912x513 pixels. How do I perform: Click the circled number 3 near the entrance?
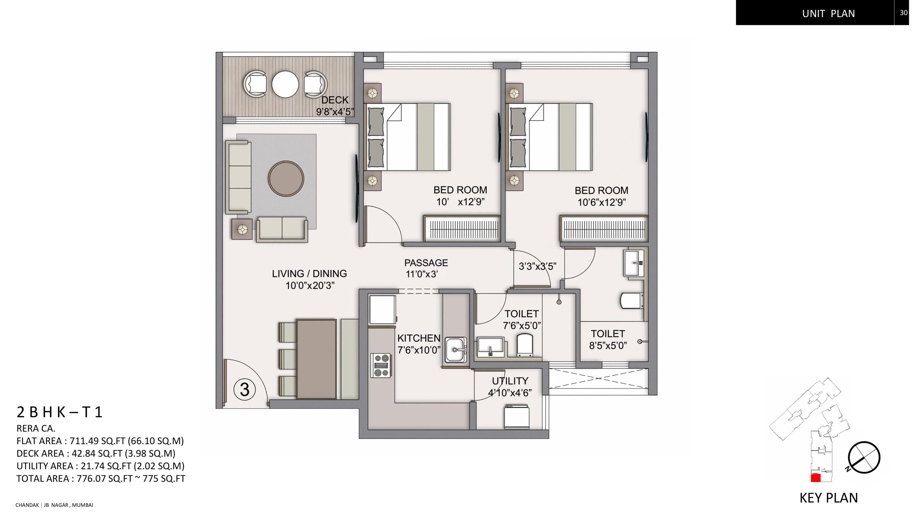(x=244, y=389)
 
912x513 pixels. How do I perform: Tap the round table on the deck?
(x=285, y=84)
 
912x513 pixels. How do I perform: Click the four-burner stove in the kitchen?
(x=381, y=365)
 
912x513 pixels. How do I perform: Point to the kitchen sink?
(x=456, y=350)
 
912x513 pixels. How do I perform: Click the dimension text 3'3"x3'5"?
(x=537, y=266)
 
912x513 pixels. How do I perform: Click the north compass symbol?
(x=864, y=457)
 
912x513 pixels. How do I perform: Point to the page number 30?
(x=903, y=13)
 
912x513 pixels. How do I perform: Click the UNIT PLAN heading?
(x=828, y=14)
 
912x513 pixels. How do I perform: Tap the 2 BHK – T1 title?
(x=59, y=412)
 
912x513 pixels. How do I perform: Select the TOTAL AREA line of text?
(x=100, y=478)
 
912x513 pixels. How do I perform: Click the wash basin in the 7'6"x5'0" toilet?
(x=490, y=347)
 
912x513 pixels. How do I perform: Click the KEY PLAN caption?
(x=828, y=498)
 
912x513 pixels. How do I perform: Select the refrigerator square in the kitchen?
(x=382, y=309)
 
